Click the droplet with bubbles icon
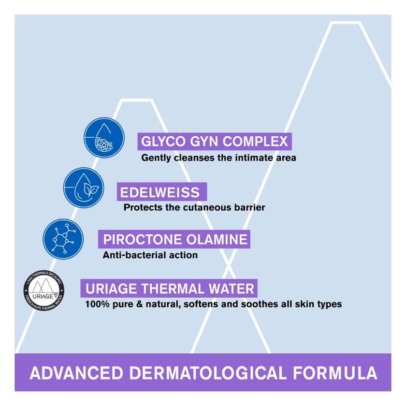click(104, 137)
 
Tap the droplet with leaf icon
click(84, 188)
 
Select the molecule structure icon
click(63, 239)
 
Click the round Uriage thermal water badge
click(44, 290)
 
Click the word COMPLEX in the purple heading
click(255, 141)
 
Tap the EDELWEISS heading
click(160, 192)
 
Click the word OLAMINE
click(217, 239)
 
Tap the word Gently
click(156, 158)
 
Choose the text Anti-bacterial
click(135, 255)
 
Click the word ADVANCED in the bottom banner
click(76, 373)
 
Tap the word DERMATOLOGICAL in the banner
click(208, 373)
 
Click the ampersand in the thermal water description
click(140, 304)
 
